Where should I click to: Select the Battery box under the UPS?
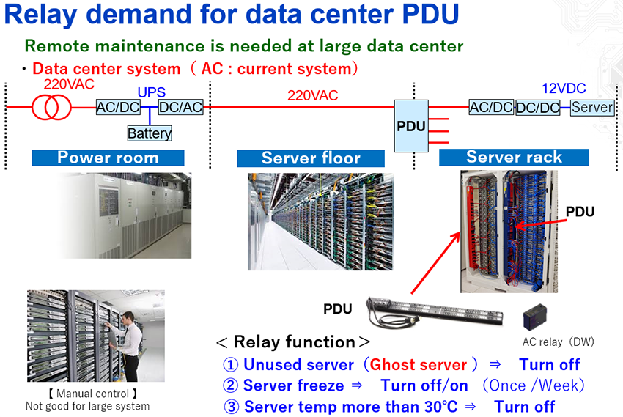150,133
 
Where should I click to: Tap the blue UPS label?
152,92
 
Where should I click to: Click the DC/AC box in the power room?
181,108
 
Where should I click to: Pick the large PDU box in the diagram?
411,126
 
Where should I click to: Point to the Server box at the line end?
592,108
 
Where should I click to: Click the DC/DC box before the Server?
537,108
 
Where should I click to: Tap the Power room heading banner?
108,158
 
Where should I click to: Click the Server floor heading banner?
311,158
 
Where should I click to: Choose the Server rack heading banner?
514,158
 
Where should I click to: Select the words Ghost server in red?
419,365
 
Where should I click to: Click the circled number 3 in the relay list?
231,406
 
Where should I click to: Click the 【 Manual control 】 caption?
87,394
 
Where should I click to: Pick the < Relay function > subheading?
293,342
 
